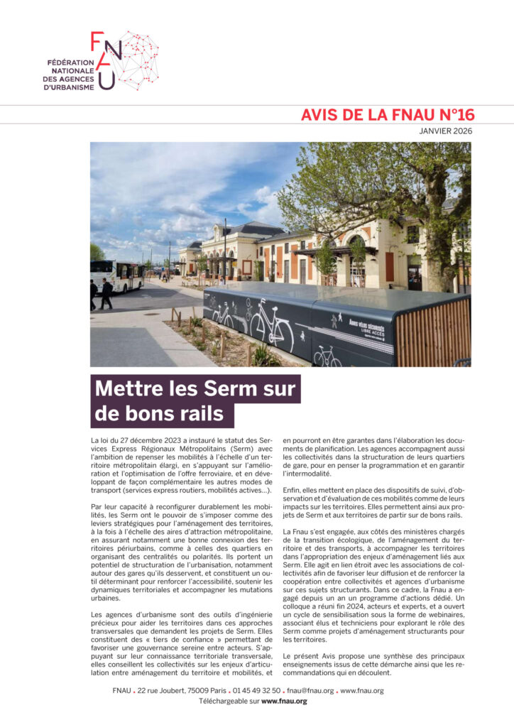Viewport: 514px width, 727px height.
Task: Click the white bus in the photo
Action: tap(116, 275)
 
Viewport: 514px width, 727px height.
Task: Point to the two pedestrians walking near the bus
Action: tap(100, 293)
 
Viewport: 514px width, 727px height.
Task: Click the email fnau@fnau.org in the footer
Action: tap(310, 691)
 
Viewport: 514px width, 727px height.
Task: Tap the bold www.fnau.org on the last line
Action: tap(284, 701)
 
